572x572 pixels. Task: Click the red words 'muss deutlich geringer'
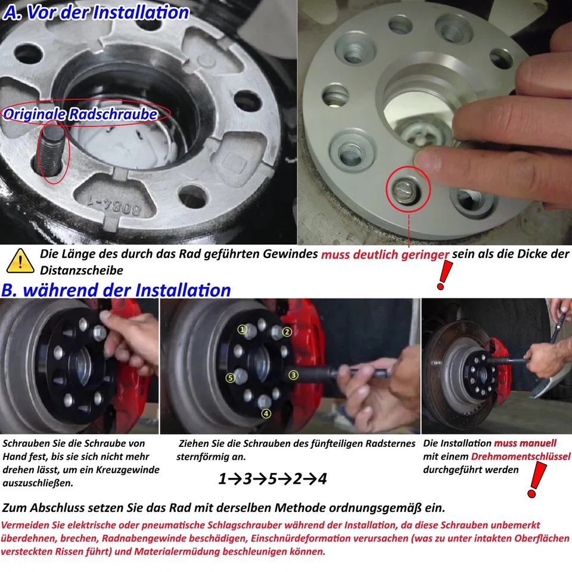[x=385, y=255]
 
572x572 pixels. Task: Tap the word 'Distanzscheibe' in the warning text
[x=73, y=271]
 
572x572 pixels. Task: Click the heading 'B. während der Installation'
[x=116, y=290]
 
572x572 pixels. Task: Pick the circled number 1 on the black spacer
[x=243, y=329]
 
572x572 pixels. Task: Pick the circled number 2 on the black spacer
[x=287, y=332]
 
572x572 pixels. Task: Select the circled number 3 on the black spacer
[x=293, y=375]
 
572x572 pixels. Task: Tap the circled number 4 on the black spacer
[x=266, y=414]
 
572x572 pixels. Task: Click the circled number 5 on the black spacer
[x=230, y=378]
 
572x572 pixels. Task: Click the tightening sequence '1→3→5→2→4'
[x=272, y=478]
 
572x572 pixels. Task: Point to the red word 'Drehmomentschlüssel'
[x=520, y=457]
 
